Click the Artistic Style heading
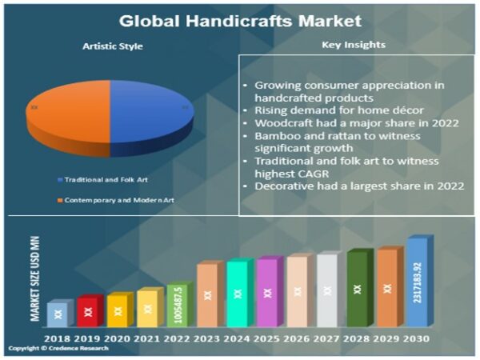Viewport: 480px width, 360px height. [113, 46]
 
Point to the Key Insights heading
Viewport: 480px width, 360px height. [353, 45]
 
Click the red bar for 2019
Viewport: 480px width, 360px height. [87, 311]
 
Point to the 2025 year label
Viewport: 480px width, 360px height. [266, 339]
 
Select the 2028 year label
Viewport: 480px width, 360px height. [356, 339]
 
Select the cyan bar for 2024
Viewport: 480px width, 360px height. [237, 294]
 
